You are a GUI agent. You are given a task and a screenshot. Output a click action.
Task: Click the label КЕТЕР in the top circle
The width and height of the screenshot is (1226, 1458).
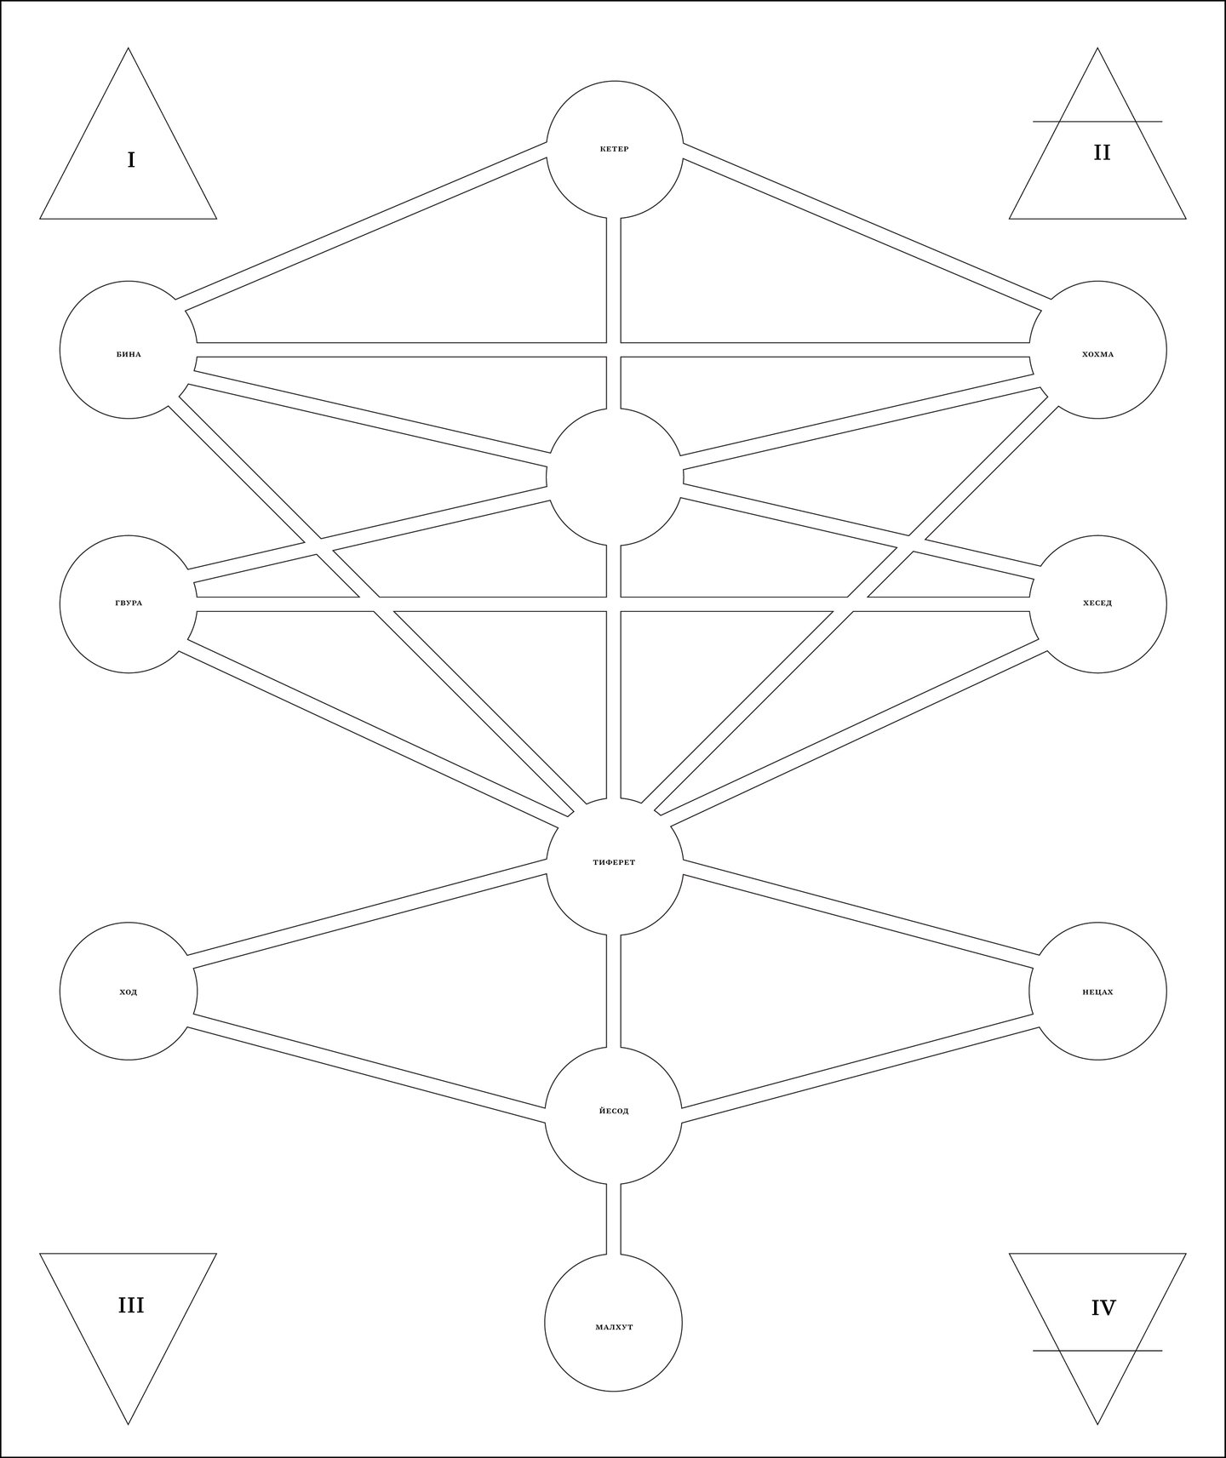[614, 150]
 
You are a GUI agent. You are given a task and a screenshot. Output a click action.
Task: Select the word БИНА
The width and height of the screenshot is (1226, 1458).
[129, 354]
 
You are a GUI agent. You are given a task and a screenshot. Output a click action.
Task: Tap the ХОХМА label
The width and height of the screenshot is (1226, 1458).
[1097, 354]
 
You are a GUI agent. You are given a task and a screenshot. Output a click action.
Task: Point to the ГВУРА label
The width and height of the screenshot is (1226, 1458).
[129, 603]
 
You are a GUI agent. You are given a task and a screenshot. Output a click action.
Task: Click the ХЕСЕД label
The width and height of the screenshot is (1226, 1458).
[1097, 603]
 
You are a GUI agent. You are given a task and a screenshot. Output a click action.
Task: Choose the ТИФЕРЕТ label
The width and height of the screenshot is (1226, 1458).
[614, 862]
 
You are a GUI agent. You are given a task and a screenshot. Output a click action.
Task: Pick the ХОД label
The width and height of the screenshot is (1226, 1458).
[129, 992]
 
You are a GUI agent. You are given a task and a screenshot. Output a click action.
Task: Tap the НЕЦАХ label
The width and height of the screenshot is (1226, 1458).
[1097, 992]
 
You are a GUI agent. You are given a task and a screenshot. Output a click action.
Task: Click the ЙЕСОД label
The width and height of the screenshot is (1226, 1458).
[614, 1111]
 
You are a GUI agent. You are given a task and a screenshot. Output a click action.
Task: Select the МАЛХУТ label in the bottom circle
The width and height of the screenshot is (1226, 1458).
[614, 1327]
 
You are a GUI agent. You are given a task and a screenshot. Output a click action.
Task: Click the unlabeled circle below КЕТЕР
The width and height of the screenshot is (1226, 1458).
[614, 477]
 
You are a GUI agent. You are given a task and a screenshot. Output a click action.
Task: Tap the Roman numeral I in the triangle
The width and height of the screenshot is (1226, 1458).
[131, 160]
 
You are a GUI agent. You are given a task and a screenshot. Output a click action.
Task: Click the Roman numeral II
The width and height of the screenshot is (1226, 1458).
[1102, 152]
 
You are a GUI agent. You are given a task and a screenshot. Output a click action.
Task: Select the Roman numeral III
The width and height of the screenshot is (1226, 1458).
[131, 1305]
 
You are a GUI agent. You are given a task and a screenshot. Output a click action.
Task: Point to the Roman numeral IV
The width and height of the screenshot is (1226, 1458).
[1103, 1307]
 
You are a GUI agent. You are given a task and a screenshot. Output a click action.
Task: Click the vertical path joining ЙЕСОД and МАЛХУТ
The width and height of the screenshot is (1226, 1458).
[613, 1219]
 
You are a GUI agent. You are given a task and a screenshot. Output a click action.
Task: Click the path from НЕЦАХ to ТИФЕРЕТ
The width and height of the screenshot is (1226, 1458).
[860, 915]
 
